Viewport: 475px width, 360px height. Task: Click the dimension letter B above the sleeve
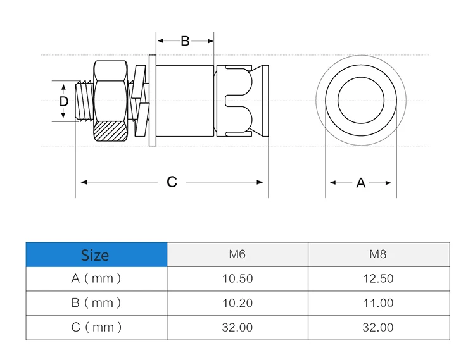(185, 41)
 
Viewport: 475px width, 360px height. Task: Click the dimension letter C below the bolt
(172, 182)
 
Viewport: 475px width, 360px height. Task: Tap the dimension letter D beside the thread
(63, 101)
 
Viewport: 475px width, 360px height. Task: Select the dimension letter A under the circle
(360, 183)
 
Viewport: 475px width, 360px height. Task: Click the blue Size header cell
(96, 254)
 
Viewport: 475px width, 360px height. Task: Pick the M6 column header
(237, 254)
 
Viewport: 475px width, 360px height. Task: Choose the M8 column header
(378, 254)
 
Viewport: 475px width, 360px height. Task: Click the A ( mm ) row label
(96, 278)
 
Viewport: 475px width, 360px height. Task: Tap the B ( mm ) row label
(96, 303)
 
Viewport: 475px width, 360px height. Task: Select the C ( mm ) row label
(96, 327)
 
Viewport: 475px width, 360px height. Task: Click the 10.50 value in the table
(237, 278)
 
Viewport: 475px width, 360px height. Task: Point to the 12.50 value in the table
(378, 278)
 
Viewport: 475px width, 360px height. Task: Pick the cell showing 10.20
(237, 303)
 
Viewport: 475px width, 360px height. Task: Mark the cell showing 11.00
(378, 303)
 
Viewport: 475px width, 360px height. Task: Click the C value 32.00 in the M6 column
(237, 327)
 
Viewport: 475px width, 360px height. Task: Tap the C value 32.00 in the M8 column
(378, 327)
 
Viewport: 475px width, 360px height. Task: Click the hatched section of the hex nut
(111, 131)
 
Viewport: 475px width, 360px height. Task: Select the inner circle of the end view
(360, 101)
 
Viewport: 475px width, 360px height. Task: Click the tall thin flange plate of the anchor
(153, 101)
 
